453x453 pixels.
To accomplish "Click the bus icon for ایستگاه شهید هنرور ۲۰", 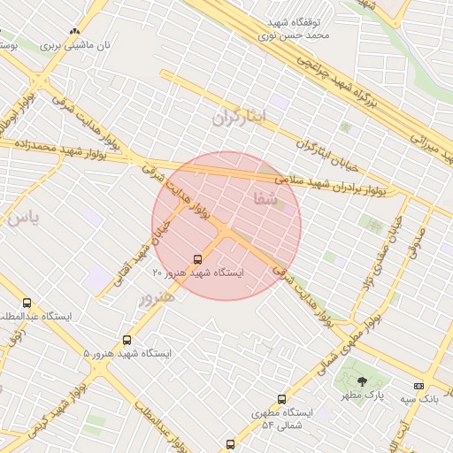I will click(196, 260).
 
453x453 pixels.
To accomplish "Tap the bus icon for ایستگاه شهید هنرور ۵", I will click(127, 340).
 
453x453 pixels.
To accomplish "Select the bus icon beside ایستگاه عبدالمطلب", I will click(27, 303).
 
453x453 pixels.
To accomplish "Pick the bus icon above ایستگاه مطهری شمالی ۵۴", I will click(281, 399).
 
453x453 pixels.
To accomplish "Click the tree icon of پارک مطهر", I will click(361, 380).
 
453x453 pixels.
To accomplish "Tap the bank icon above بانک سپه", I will click(418, 387).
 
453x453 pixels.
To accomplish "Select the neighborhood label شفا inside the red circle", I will click(265, 200).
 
